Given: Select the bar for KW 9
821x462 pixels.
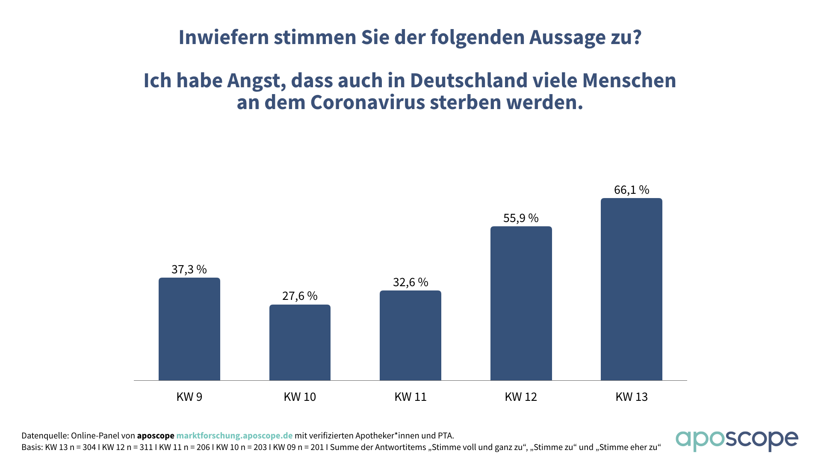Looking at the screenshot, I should click(x=189, y=329).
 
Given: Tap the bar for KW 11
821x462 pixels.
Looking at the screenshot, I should click(x=410, y=335).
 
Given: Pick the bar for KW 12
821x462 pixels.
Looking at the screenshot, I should click(x=521, y=303).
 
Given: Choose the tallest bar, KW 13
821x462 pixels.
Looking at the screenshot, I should click(x=631, y=289).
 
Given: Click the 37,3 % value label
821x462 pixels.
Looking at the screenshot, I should click(x=189, y=269).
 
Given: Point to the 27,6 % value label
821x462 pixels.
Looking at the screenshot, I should click(x=300, y=296).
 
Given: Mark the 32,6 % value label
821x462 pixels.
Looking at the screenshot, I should click(x=410, y=282).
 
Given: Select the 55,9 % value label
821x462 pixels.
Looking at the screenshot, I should click(x=521, y=218).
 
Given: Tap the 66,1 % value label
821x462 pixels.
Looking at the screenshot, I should click(x=632, y=190).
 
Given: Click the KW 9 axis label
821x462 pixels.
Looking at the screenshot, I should click(x=189, y=397).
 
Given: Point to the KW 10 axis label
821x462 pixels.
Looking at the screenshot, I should click(x=300, y=397).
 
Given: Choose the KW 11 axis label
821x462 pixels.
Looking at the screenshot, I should click(x=410, y=397).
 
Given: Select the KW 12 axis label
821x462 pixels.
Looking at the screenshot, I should click(x=521, y=397).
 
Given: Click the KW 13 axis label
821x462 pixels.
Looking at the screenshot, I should click(x=632, y=397).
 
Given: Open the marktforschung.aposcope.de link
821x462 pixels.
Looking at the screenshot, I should click(x=234, y=435).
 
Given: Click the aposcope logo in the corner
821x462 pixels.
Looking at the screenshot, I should click(x=737, y=441).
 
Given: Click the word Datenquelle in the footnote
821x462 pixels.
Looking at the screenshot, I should click(x=44, y=435).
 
